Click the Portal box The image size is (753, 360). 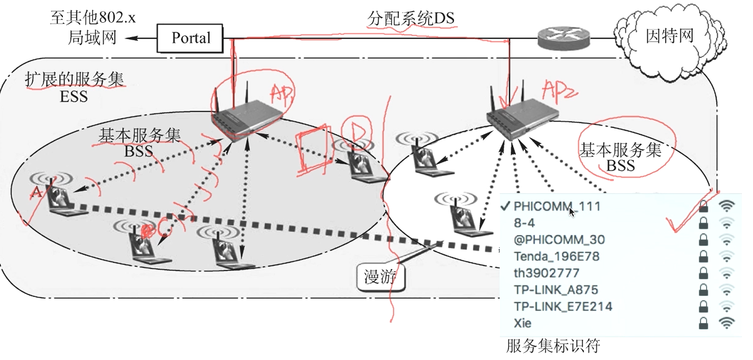coord(190,38)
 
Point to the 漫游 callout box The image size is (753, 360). coord(380,276)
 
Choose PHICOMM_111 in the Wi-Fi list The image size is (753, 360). coord(557,206)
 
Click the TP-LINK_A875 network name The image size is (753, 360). coord(556,290)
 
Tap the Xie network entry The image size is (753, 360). coord(522,323)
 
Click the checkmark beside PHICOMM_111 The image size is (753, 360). coord(506,206)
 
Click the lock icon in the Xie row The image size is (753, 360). coord(703,323)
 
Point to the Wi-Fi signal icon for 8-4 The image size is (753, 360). coord(727,223)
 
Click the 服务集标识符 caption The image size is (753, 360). coord(553,347)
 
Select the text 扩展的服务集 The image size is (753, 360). coord(74,79)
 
